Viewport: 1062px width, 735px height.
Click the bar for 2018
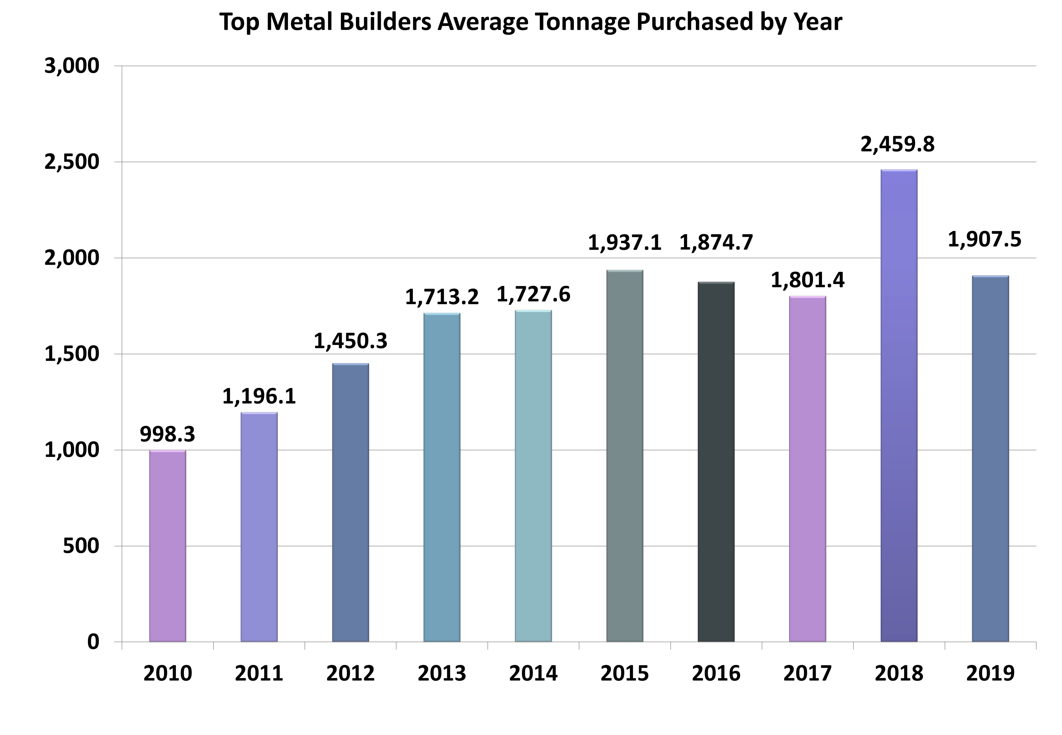point(899,405)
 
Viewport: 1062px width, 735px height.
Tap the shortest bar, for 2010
point(168,546)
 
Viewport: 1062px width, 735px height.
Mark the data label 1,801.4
point(807,281)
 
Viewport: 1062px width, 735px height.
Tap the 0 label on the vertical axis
point(94,641)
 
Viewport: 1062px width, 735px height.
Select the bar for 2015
point(625,456)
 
